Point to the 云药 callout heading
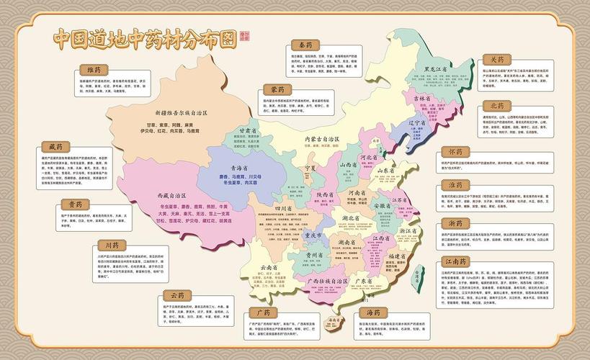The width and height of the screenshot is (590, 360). pos(176,295)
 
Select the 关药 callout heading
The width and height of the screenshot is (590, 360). pos(498,60)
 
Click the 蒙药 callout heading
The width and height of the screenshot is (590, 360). pos(277,89)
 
